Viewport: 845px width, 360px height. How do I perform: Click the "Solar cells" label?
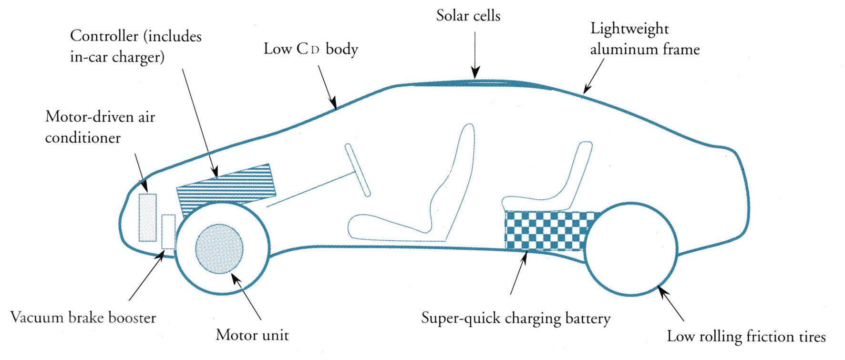point(468,16)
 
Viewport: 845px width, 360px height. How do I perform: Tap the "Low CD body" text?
point(310,49)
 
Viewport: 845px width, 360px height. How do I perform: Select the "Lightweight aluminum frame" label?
point(644,39)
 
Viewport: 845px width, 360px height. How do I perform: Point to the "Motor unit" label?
point(252,335)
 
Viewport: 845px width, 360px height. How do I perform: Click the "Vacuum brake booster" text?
point(83,318)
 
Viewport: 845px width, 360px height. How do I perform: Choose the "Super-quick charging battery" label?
point(515,318)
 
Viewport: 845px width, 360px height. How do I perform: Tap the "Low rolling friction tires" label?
point(746,337)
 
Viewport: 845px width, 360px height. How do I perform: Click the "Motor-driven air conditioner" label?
point(100,127)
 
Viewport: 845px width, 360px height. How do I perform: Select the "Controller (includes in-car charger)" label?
point(135,46)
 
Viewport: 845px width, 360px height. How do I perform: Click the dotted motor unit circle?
point(219,248)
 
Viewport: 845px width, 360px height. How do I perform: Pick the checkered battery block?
point(548,230)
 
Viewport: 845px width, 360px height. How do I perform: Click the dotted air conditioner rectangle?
point(147,217)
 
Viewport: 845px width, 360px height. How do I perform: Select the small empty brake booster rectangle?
point(168,232)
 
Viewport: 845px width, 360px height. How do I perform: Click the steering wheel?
point(358,170)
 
